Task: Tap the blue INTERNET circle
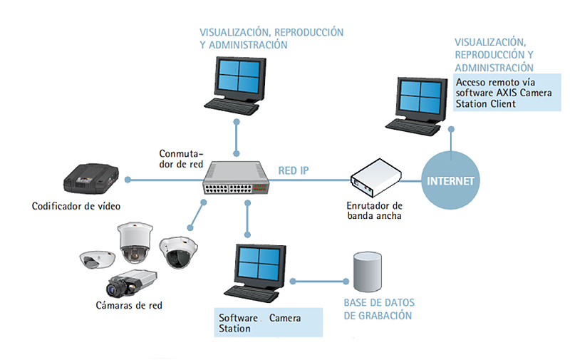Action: click(x=450, y=180)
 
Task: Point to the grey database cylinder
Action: click(x=368, y=273)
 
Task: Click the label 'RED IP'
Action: click(x=294, y=170)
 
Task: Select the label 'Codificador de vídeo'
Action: click(x=76, y=207)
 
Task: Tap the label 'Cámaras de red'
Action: click(x=128, y=305)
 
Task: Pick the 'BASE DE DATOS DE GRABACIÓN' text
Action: click(x=378, y=309)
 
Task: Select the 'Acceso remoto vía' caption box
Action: click(x=507, y=93)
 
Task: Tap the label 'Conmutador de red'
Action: click(x=181, y=159)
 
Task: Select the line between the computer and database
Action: click(x=321, y=281)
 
